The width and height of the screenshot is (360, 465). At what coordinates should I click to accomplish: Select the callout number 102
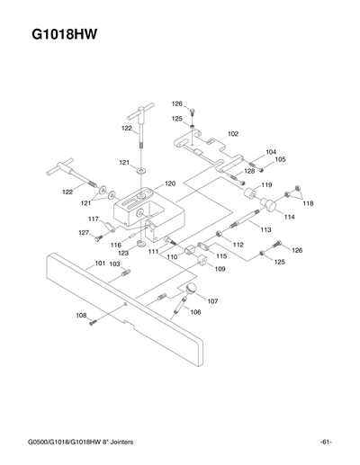click(233, 133)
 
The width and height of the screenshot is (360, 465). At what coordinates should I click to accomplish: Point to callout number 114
click(289, 217)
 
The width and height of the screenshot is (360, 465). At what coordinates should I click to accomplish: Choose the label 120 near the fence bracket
click(169, 183)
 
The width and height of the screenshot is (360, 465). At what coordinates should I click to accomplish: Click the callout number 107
click(212, 300)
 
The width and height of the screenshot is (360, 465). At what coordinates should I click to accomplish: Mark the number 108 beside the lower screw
click(80, 315)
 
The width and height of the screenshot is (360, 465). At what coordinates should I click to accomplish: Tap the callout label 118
click(308, 204)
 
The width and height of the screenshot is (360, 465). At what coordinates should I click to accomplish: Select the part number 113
click(265, 230)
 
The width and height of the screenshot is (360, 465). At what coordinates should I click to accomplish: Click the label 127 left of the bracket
click(84, 233)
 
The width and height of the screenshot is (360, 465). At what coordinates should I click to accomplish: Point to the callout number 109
click(220, 269)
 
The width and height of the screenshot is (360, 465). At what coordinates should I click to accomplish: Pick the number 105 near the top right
click(281, 159)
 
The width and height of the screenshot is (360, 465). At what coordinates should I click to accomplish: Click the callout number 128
click(250, 171)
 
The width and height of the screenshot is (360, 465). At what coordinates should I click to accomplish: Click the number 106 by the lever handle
click(195, 312)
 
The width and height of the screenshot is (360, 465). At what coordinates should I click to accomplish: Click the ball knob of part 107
click(192, 287)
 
